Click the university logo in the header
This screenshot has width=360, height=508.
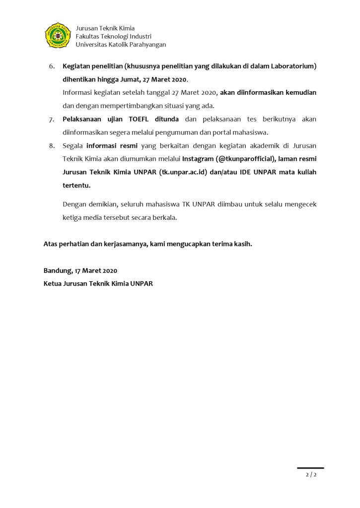pyautogui.click(x=58, y=36)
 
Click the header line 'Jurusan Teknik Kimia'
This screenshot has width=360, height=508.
pyautogui.click(x=105, y=28)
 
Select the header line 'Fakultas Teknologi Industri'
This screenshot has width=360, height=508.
pyautogui.click(x=113, y=36)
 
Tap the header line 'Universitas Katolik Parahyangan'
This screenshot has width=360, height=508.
pyautogui.click(x=121, y=45)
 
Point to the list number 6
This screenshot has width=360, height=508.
pyautogui.click(x=51, y=66)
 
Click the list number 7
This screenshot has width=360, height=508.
pyautogui.click(x=51, y=119)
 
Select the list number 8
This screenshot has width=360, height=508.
pyautogui.click(x=51, y=146)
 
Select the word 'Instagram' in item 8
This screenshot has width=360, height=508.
pyautogui.click(x=198, y=159)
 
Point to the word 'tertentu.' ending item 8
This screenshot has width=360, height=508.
pyautogui.click(x=76, y=186)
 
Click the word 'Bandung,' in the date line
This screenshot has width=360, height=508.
pyautogui.click(x=58, y=271)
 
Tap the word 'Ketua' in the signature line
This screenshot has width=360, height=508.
pyautogui.click(x=53, y=284)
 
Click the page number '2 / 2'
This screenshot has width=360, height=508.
pyautogui.click(x=311, y=475)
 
